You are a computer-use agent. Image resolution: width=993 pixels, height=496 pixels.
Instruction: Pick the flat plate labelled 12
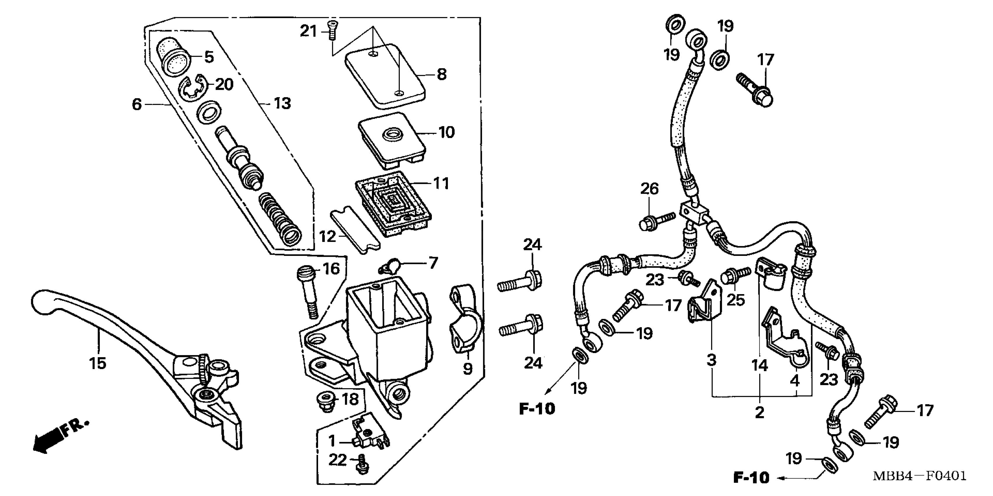[355, 230]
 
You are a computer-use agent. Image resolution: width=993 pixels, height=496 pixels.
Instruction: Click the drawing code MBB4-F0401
[919, 476]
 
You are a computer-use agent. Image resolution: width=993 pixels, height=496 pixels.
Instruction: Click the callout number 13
[282, 103]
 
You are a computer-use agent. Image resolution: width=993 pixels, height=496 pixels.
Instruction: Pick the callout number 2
[759, 412]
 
